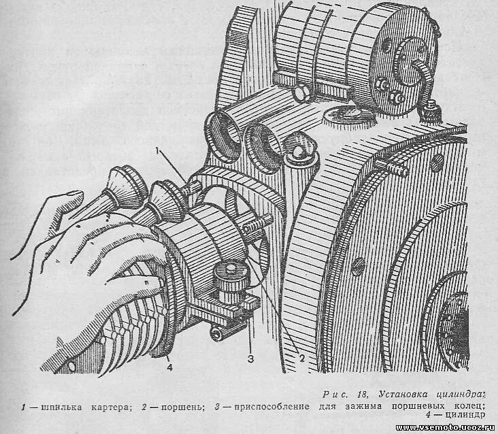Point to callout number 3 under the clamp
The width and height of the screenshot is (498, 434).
click(250, 357)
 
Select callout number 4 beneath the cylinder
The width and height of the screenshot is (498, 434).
click(169, 367)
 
